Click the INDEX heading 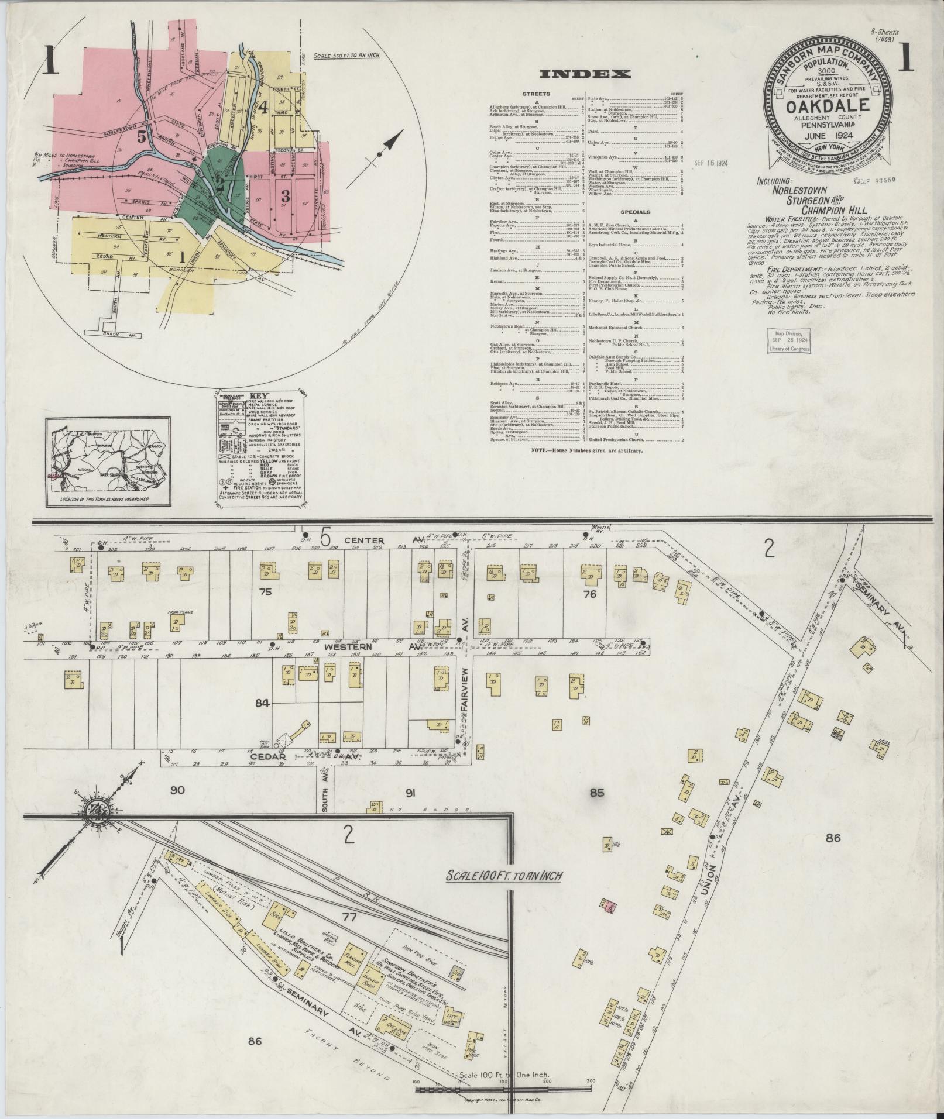coord(585,74)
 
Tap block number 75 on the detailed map coord(266,592)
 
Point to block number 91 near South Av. coord(410,793)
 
